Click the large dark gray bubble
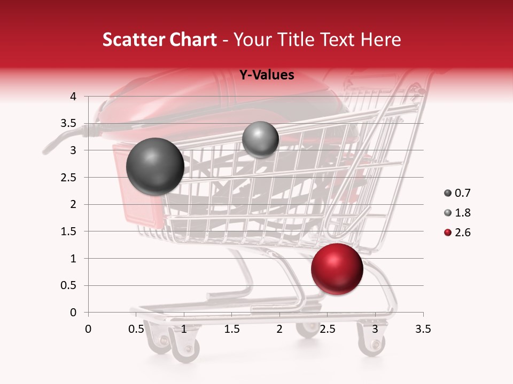156,166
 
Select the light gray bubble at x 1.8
260,139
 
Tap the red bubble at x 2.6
337,269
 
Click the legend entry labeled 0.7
457,193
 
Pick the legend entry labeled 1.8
457,213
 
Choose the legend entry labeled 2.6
457,233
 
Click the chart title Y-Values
266,75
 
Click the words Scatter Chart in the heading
160,39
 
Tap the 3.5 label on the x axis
423,329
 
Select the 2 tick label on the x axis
279,329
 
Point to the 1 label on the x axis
184,329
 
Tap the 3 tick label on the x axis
375,329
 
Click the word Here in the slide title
380,39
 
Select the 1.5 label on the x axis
231,329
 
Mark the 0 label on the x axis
88,329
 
